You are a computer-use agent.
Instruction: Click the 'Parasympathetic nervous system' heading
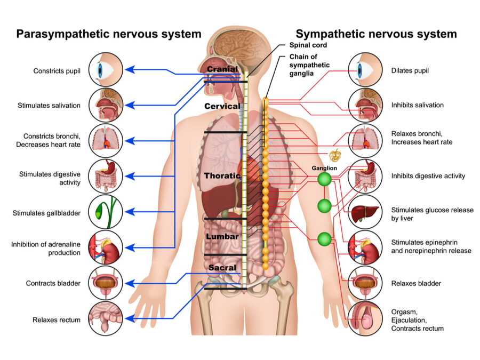pyautogui.click(x=109, y=34)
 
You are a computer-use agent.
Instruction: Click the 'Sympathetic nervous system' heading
pyautogui.click(x=376, y=34)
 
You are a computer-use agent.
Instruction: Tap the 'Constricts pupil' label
pyautogui.click(x=57, y=70)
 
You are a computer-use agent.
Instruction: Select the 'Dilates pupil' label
pyautogui.click(x=410, y=70)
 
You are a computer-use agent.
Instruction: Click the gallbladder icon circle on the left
pyautogui.click(x=106, y=212)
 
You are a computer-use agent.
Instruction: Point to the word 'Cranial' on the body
pyautogui.click(x=223, y=69)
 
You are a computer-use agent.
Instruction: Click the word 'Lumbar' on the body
pyautogui.click(x=222, y=236)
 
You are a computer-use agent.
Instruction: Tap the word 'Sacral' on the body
pyautogui.click(x=222, y=267)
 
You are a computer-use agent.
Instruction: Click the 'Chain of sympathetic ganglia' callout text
pyautogui.click(x=309, y=65)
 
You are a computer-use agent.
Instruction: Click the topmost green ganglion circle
pyautogui.click(x=324, y=180)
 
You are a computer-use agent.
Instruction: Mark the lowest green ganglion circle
pyautogui.click(x=324, y=239)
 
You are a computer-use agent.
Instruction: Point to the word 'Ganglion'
pyautogui.click(x=324, y=169)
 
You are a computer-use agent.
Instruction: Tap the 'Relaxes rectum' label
pyautogui.click(x=57, y=320)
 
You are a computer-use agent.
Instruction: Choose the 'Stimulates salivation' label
pyautogui.click(x=49, y=106)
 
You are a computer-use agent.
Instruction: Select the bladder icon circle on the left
pyautogui.click(x=106, y=283)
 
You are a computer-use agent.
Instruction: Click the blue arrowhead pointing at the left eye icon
pyautogui.click(x=129, y=69)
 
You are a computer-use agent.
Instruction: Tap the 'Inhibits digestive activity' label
pyautogui.click(x=428, y=176)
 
